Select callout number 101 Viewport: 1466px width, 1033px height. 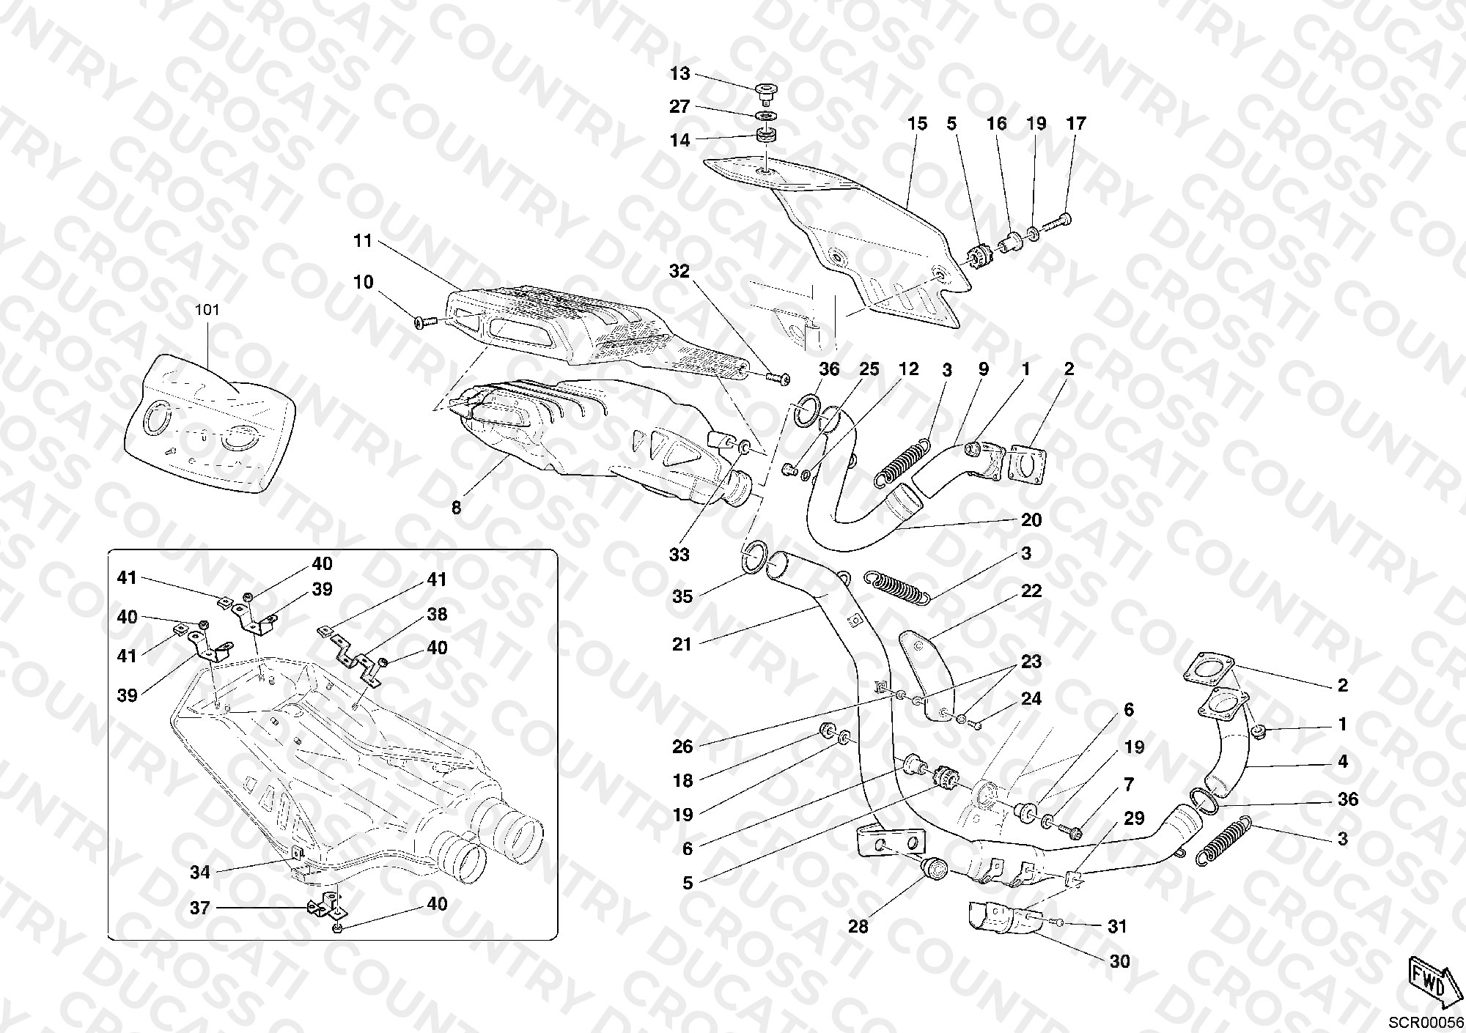(207, 310)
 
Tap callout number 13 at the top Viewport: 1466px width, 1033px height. (680, 74)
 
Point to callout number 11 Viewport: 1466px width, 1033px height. (363, 240)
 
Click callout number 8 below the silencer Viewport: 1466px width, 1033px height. (456, 507)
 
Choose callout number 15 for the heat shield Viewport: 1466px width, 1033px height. (917, 123)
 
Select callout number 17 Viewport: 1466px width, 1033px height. (1075, 123)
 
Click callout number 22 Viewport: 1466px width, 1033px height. (1031, 590)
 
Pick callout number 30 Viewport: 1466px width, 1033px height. (1119, 960)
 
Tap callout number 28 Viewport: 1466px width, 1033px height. (858, 927)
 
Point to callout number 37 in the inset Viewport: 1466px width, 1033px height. (200, 908)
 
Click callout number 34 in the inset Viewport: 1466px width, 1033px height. (200, 872)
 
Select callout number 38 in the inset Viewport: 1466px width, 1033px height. (437, 614)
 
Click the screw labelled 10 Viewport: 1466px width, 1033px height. (425, 322)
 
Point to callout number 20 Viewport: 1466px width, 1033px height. (1031, 519)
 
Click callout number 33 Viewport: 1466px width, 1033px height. (679, 555)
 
